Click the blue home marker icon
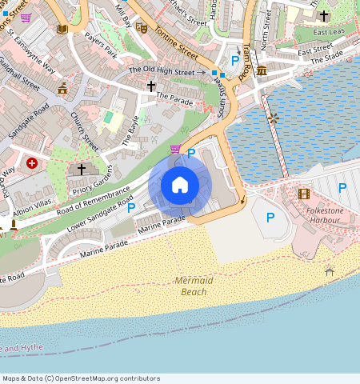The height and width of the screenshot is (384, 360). click(x=180, y=185)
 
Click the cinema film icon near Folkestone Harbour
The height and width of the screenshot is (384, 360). click(x=303, y=194)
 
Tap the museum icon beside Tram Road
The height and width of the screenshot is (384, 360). click(x=262, y=72)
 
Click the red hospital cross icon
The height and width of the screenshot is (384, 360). click(x=32, y=163)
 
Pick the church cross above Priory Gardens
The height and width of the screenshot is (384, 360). click(x=81, y=170)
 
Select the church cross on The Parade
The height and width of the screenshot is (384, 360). click(x=150, y=86)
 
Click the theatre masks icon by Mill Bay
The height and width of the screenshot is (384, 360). click(x=142, y=27)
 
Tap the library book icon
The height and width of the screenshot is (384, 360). click(x=62, y=30)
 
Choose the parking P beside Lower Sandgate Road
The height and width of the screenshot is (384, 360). click(x=131, y=208)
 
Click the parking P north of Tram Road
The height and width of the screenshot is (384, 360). click(x=234, y=61)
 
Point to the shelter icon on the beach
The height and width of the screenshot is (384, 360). click(x=329, y=272)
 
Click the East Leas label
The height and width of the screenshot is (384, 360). click(x=329, y=33)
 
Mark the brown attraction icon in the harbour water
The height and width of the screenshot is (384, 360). click(x=274, y=118)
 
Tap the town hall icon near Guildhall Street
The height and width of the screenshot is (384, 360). click(x=62, y=88)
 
